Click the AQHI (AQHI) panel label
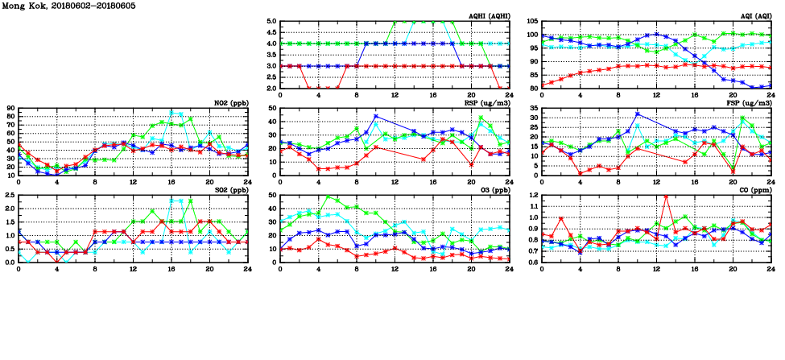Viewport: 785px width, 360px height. click(489, 15)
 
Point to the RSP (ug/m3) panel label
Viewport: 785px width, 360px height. click(487, 102)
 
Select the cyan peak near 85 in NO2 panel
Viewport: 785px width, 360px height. click(171, 112)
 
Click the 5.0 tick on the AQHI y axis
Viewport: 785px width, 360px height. click(272, 22)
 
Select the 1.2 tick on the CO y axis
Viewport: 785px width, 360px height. click(533, 196)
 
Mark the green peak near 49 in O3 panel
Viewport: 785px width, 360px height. click(327, 197)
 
